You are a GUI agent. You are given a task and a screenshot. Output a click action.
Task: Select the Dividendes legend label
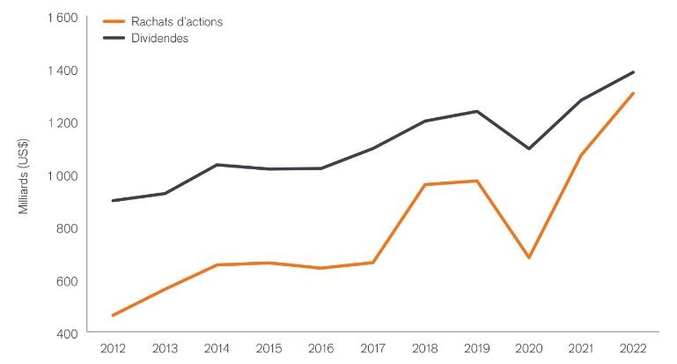pos(158,39)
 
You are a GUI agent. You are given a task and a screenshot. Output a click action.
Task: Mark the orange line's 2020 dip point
pos(528,257)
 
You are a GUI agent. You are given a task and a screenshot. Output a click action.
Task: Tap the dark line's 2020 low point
pos(528,148)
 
